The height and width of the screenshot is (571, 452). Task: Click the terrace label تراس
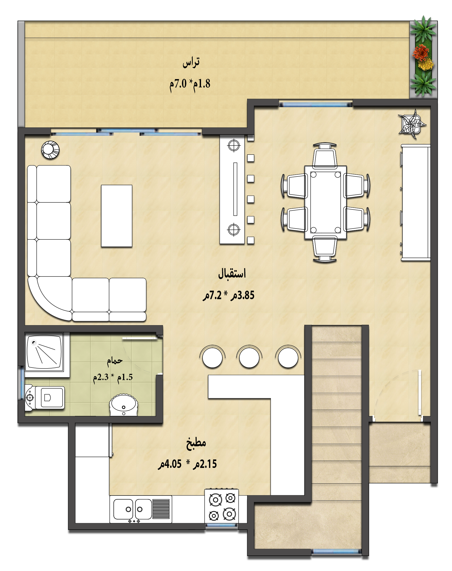click(x=191, y=63)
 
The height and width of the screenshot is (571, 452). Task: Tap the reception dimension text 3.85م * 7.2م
click(x=228, y=295)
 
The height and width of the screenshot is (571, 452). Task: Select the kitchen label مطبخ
click(x=196, y=443)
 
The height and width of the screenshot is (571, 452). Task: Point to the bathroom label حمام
click(x=115, y=361)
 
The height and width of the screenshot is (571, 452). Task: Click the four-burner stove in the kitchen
click(x=222, y=507)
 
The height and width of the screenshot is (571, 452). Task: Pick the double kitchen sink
click(x=141, y=509)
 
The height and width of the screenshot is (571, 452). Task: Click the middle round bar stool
click(x=249, y=357)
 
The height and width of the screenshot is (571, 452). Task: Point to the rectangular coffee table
click(x=116, y=216)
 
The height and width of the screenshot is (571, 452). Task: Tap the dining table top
click(x=325, y=203)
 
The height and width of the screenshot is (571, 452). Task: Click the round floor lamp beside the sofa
click(x=50, y=150)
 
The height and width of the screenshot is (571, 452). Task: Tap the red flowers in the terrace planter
click(x=420, y=52)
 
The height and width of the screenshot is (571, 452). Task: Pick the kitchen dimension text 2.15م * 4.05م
click(x=187, y=464)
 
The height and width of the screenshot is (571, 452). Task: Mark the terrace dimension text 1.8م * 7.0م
click(x=190, y=84)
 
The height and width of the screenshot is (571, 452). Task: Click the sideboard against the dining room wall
click(x=415, y=203)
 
